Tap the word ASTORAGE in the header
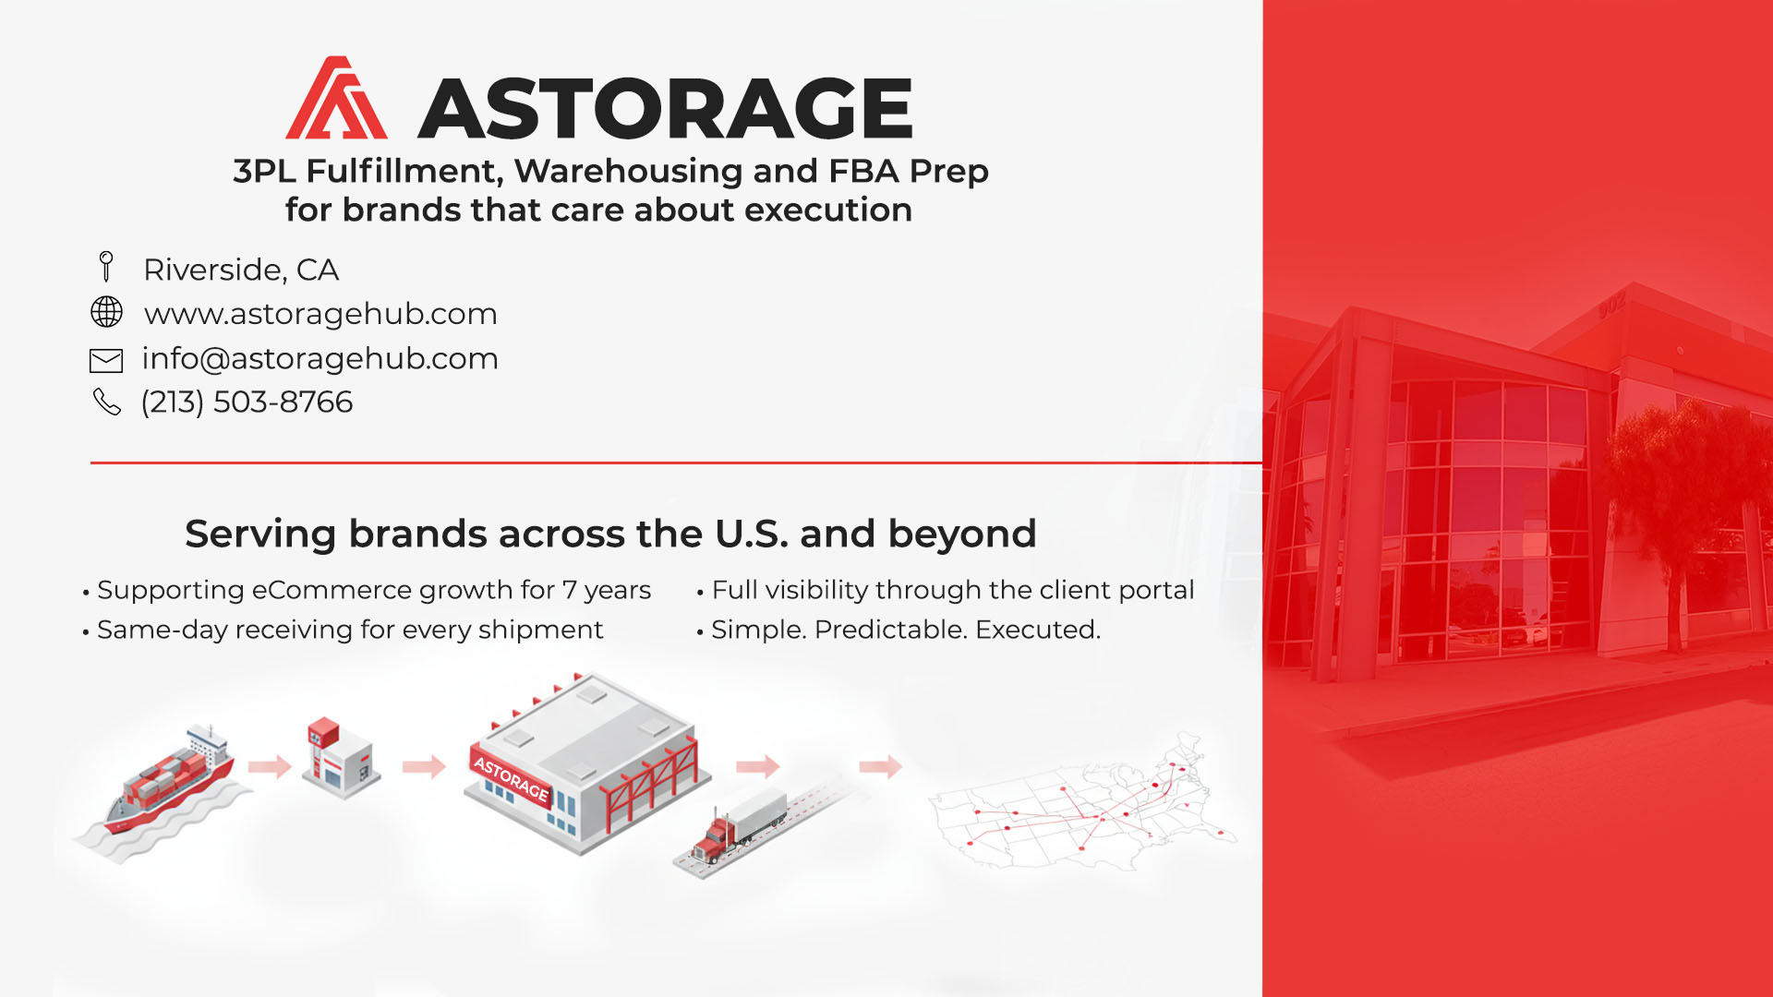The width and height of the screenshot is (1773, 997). point(666,108)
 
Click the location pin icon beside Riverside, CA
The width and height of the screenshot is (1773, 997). point(106,267)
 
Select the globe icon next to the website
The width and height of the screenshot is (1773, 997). point(106,312)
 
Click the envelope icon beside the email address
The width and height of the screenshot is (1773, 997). point(106,360)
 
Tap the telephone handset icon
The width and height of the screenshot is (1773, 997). point(107,402)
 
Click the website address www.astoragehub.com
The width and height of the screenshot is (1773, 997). point(320,314)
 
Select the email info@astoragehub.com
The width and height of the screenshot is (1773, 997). point(320,358)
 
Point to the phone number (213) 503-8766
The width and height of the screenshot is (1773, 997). point(247,402)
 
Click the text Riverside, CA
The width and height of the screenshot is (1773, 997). point(241,270)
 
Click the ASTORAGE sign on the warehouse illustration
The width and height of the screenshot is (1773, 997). point(511,779)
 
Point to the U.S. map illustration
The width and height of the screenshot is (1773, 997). point(1081,801)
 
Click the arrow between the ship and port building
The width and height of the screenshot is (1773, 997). point(270,765)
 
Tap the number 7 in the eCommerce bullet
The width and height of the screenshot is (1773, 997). point(570,590)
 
